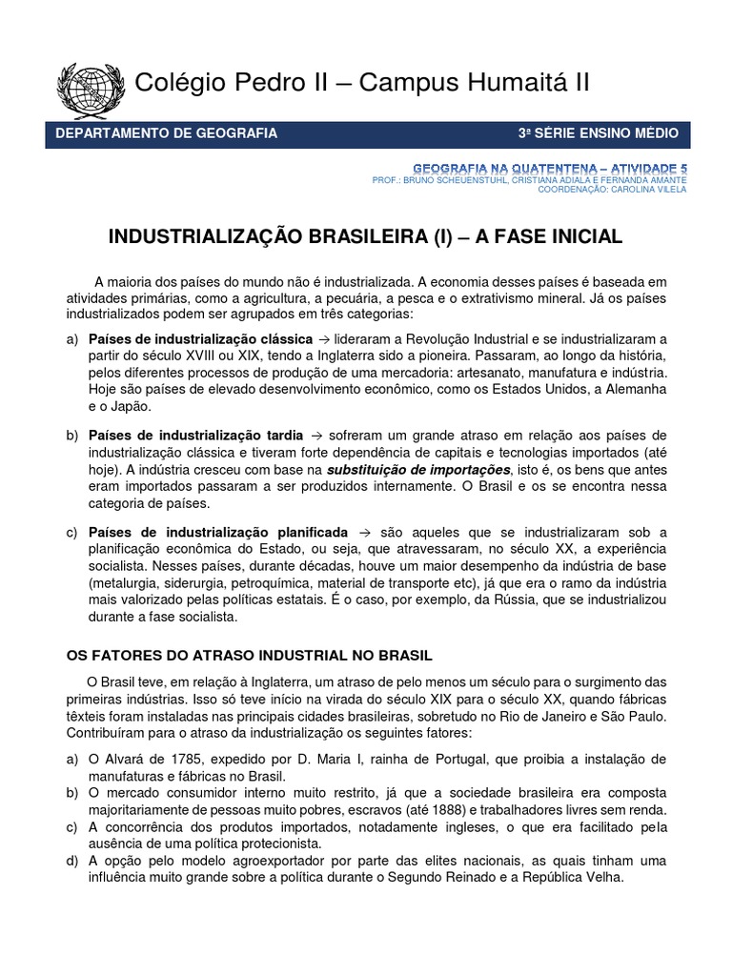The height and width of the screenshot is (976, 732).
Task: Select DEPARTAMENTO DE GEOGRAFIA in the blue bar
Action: [168, 133]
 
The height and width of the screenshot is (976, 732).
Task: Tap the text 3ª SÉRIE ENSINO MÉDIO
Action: [598, 133]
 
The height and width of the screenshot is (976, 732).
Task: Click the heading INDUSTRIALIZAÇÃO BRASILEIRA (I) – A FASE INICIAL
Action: [368, 236]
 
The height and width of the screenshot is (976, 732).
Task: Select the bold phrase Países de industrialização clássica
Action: [200, 339]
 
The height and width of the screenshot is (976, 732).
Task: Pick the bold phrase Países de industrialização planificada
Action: [218, 532]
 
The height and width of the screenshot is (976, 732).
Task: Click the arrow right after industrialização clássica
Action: [325, 339]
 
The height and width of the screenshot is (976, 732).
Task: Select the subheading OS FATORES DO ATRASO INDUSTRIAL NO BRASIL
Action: [249, 656]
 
